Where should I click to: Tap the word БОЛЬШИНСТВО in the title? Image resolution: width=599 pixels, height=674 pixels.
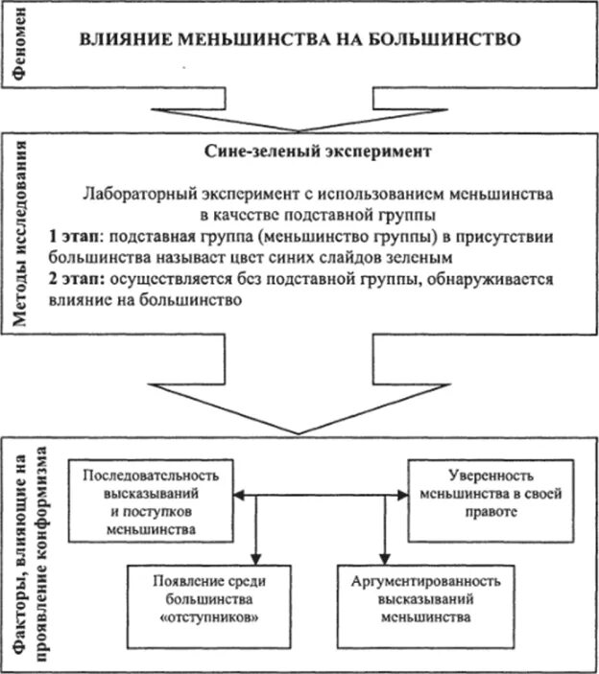[452, 41]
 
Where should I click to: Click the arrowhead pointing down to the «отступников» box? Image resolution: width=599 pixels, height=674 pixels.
[255, 558]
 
